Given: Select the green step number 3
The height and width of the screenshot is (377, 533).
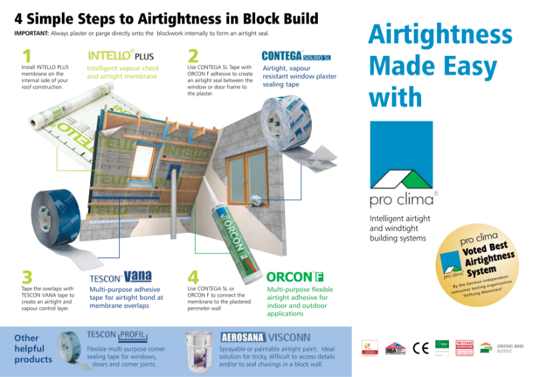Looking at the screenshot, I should click(27, 276).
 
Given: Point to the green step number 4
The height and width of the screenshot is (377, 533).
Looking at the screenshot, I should click(193, 276).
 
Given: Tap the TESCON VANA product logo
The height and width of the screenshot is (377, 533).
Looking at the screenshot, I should click(121, 276).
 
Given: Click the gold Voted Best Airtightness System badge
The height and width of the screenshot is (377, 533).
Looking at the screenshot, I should click(478, 265).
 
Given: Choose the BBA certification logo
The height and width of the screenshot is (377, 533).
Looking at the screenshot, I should click(395, 348).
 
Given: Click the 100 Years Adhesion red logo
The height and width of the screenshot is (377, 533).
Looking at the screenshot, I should click(464, 347).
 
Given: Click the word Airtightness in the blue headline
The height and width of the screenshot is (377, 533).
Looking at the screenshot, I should click(440, 35).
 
